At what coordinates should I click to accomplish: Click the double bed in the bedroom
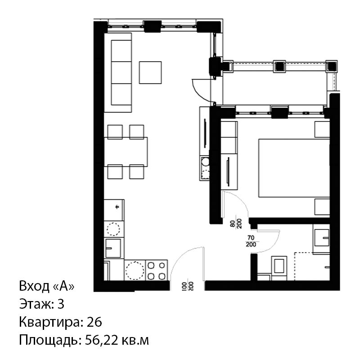pos(294,168)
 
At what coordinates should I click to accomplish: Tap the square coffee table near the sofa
pos(150,72)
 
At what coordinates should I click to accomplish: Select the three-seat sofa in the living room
pos(118,72)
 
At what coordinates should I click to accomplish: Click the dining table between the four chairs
pos(126,152)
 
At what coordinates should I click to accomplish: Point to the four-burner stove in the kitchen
pos(156,270)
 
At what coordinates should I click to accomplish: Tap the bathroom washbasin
pos(321,238)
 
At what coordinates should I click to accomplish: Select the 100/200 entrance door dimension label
pos(188,287)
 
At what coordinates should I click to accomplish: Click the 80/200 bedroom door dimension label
pos(236,224)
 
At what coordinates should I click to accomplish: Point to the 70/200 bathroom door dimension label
pos(251,241)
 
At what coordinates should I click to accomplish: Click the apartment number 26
pos(94,322)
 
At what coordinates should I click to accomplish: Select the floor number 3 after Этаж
pos(61,304)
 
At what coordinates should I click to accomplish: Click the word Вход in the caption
pos(34,286)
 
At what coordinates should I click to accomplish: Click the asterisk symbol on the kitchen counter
pos(117,207)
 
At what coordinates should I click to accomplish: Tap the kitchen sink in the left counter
pos(113,248)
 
